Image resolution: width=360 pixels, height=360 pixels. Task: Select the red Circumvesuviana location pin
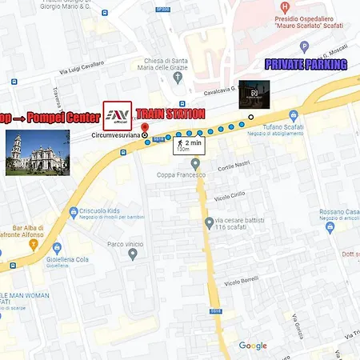pyautogui.click(x=145, y=129)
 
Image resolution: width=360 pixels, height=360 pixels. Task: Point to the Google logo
pyautogui.click(x=253, y=346)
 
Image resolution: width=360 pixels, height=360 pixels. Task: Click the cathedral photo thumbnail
pyautogui.click(x=37, y=153)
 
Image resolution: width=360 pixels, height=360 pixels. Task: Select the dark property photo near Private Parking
pyautogui.click(x=254, y=93)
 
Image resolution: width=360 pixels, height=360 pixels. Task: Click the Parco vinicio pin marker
pyautogui.click(x=133, y=254)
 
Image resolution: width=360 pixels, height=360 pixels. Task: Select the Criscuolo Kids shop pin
pyautogui.click(x=74, y=213)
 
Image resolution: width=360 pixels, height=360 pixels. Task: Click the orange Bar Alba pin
pyautogui.click(x=34, y=243)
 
